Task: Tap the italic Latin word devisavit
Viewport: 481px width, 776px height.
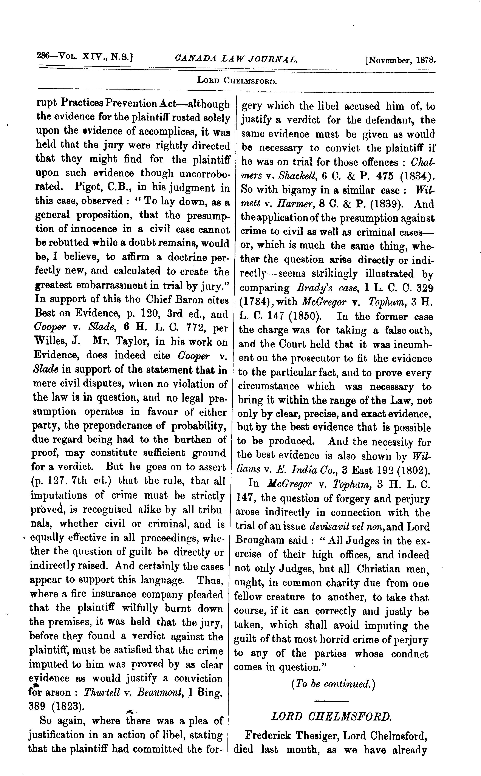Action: coord(325,526)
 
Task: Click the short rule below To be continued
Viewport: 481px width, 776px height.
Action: coord(331,701)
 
